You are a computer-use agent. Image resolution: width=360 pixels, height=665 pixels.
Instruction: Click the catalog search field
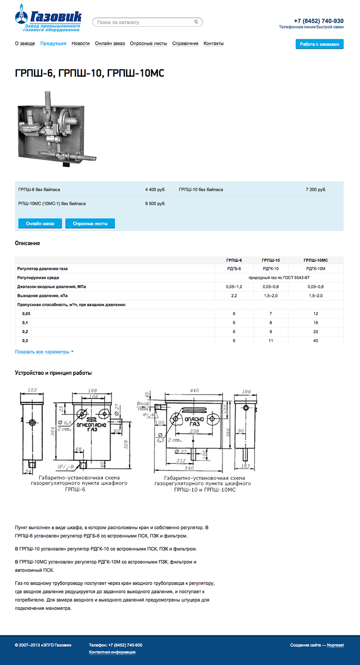(144, 22)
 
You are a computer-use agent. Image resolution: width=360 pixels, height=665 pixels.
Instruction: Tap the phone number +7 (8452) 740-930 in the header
(318, 21)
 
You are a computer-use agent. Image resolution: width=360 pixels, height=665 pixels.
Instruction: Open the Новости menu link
(80, 44)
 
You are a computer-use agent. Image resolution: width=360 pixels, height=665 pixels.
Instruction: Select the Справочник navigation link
(185, 44)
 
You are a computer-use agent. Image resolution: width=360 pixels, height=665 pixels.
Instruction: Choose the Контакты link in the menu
(213, 44)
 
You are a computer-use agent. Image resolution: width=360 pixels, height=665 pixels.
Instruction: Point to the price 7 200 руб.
(316, 190)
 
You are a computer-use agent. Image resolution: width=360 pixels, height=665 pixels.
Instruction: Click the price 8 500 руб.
(155, 204)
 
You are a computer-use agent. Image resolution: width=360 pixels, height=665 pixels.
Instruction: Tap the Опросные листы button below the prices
(90, 224)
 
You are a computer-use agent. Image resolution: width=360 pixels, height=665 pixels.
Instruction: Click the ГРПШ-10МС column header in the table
(316, 260)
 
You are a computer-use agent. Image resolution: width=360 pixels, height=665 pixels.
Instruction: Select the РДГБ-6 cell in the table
(234, 269)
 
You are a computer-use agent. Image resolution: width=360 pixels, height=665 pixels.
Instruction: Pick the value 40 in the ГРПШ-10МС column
(316, 341)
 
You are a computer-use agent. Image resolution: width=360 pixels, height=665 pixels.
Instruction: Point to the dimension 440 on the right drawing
(194, 391)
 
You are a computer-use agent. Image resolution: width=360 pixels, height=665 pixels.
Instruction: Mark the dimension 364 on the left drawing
(53, 431)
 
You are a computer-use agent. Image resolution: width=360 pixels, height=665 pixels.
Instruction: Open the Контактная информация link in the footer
(112, 652)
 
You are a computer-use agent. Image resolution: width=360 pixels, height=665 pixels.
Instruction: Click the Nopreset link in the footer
(335, 646)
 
